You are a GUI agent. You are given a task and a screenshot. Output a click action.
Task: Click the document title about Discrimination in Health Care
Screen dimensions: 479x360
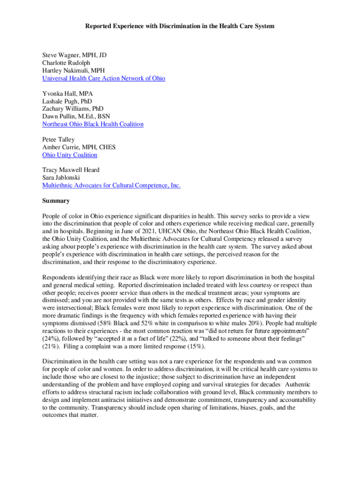point(180,26)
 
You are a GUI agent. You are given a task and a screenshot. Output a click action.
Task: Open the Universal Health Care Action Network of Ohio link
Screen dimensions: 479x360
point(103,79)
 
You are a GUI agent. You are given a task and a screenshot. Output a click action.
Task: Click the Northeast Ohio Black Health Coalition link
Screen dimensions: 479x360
point(93,124)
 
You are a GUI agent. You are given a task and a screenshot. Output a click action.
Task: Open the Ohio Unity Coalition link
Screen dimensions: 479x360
point(70,155)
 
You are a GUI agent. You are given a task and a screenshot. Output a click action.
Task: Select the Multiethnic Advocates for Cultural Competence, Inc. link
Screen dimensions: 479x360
point(111,186)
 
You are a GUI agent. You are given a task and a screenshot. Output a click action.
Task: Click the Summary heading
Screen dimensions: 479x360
point(56,201)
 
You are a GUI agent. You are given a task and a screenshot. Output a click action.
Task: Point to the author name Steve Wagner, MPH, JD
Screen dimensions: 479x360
point(74,55)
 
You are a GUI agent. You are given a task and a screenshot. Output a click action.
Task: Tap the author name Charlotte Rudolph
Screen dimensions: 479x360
point(66,63)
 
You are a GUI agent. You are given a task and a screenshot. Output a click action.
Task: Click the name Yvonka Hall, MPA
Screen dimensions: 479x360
point(67,94)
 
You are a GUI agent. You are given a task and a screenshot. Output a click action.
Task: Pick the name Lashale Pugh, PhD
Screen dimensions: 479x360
point(67,101)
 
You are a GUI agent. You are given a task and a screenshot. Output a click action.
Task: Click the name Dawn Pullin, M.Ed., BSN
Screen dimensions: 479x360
point(76,116)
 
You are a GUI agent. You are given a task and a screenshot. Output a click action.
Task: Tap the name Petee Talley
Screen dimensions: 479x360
point(58,139)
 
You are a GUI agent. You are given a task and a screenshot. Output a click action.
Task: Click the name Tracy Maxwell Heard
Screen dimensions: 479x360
point(71,170)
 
